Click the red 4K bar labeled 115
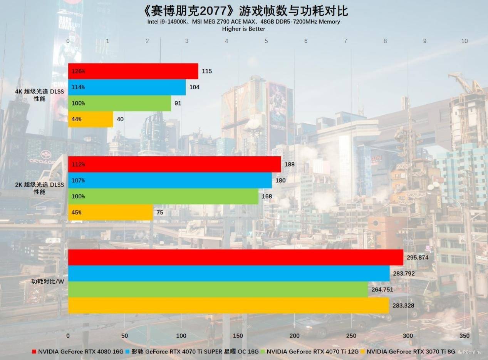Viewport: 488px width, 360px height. point(133,71)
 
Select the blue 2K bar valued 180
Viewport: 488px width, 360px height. point(169,180)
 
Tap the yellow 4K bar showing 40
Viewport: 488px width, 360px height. point(91,119)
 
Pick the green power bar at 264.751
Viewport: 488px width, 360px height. point(218,290)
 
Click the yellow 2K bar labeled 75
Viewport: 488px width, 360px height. point(110,213)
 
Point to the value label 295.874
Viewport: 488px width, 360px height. point(418,258)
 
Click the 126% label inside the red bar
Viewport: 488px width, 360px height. point(78,71)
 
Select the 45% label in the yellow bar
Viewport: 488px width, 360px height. point(76,213)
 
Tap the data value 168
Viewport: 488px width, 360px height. point(267,196)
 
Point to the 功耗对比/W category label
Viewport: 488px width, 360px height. point(47,281)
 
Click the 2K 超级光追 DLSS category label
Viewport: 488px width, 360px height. point(39,188)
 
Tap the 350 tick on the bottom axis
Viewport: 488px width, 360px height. point(465,336)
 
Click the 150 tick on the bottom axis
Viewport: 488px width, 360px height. point(238,336)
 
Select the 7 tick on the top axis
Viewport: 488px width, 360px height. point(345,41)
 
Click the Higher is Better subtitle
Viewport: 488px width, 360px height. point(243,29)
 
